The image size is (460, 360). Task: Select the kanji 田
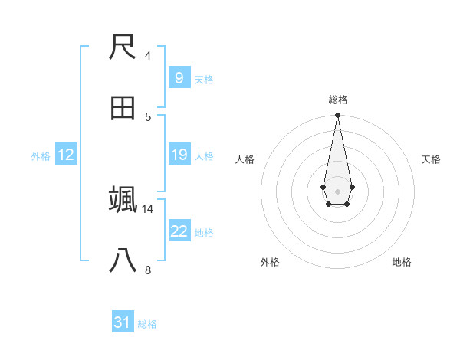point(123,109)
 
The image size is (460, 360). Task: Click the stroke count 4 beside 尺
point(148,56)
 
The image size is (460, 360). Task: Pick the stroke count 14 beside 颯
point(148,208)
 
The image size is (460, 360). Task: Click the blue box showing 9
point(179,78)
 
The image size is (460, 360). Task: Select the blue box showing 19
point(179,155)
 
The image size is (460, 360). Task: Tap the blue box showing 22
point(179,231)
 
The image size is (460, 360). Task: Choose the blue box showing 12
point(65,155)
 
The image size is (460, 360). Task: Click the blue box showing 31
point(123,322)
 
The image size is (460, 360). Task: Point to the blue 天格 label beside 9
point(203,79)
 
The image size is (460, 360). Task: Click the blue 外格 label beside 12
point(41,156)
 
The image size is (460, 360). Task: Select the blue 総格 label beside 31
point(147,324)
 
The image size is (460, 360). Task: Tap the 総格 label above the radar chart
point(337,100)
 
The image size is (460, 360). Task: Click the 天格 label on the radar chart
point(431,159)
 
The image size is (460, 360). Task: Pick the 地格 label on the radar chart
point(402,262)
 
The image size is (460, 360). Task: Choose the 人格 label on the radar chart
point(245,159)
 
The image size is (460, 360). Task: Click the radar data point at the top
point(337,115)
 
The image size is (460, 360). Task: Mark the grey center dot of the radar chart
point(337,190)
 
